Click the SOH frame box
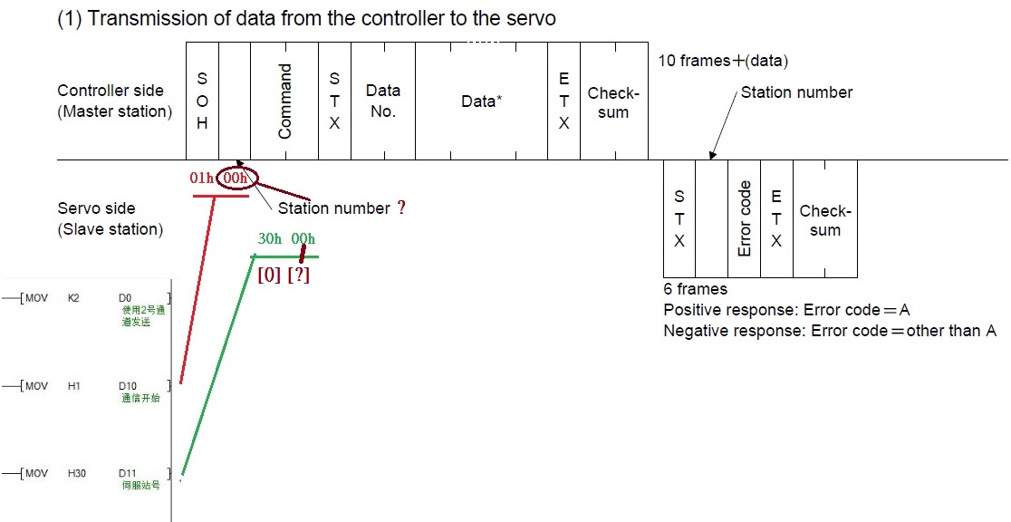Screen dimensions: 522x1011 point(202,101)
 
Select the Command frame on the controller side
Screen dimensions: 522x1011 point(284,101)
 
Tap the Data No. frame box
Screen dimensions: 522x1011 point(383,101)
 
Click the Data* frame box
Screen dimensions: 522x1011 point(481,101)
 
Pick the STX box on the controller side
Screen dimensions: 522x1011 point(334,101)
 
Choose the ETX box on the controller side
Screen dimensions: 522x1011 point(563,101)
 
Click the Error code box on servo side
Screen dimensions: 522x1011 point(745,218)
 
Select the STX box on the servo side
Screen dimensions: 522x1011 point(679,218)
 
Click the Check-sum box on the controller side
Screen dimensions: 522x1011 point(613,101)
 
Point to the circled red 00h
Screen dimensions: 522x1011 point(236,179)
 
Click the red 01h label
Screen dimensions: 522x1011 point(201,179)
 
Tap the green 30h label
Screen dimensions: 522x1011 point(269,238)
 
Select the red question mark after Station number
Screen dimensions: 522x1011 point(400,208)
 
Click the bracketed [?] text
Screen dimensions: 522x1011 point(298,275)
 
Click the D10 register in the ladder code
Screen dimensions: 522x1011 point(128,386)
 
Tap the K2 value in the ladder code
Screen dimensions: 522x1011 point(73,297)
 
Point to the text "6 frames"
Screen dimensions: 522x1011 point(695,289)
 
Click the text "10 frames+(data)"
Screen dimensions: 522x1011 point(723,61)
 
